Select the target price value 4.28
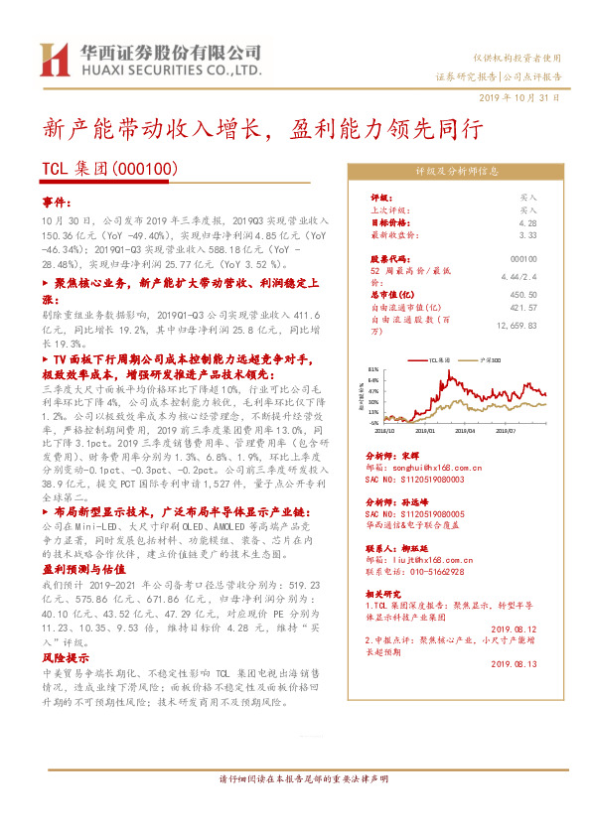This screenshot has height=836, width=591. (527, 223)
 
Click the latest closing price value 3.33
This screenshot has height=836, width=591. (527, 236)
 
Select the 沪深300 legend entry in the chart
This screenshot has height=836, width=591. (490, 360)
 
